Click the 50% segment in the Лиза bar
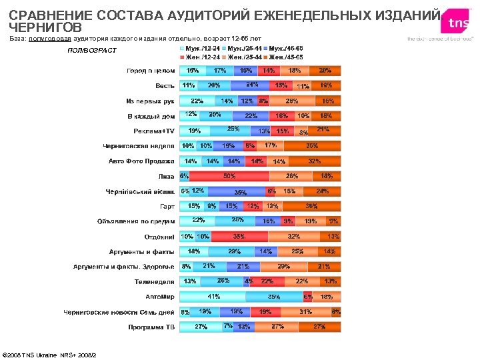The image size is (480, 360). click(x=229, y=177)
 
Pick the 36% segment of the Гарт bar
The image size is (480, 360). click(x=311, y=207)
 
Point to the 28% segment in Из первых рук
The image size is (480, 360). click(x=292, y=101)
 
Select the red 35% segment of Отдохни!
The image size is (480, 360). click(x=239, y=237)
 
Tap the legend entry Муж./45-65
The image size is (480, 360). click(x=287, y=49)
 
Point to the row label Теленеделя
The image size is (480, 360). click(x=155, y=282)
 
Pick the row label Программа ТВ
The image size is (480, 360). click(x=151, y=327)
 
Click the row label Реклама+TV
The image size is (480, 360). click(x=154, y=131)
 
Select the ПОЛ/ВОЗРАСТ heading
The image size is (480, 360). click(x=92, y=51)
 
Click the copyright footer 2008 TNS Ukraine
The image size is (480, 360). click(x=50, y=354)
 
